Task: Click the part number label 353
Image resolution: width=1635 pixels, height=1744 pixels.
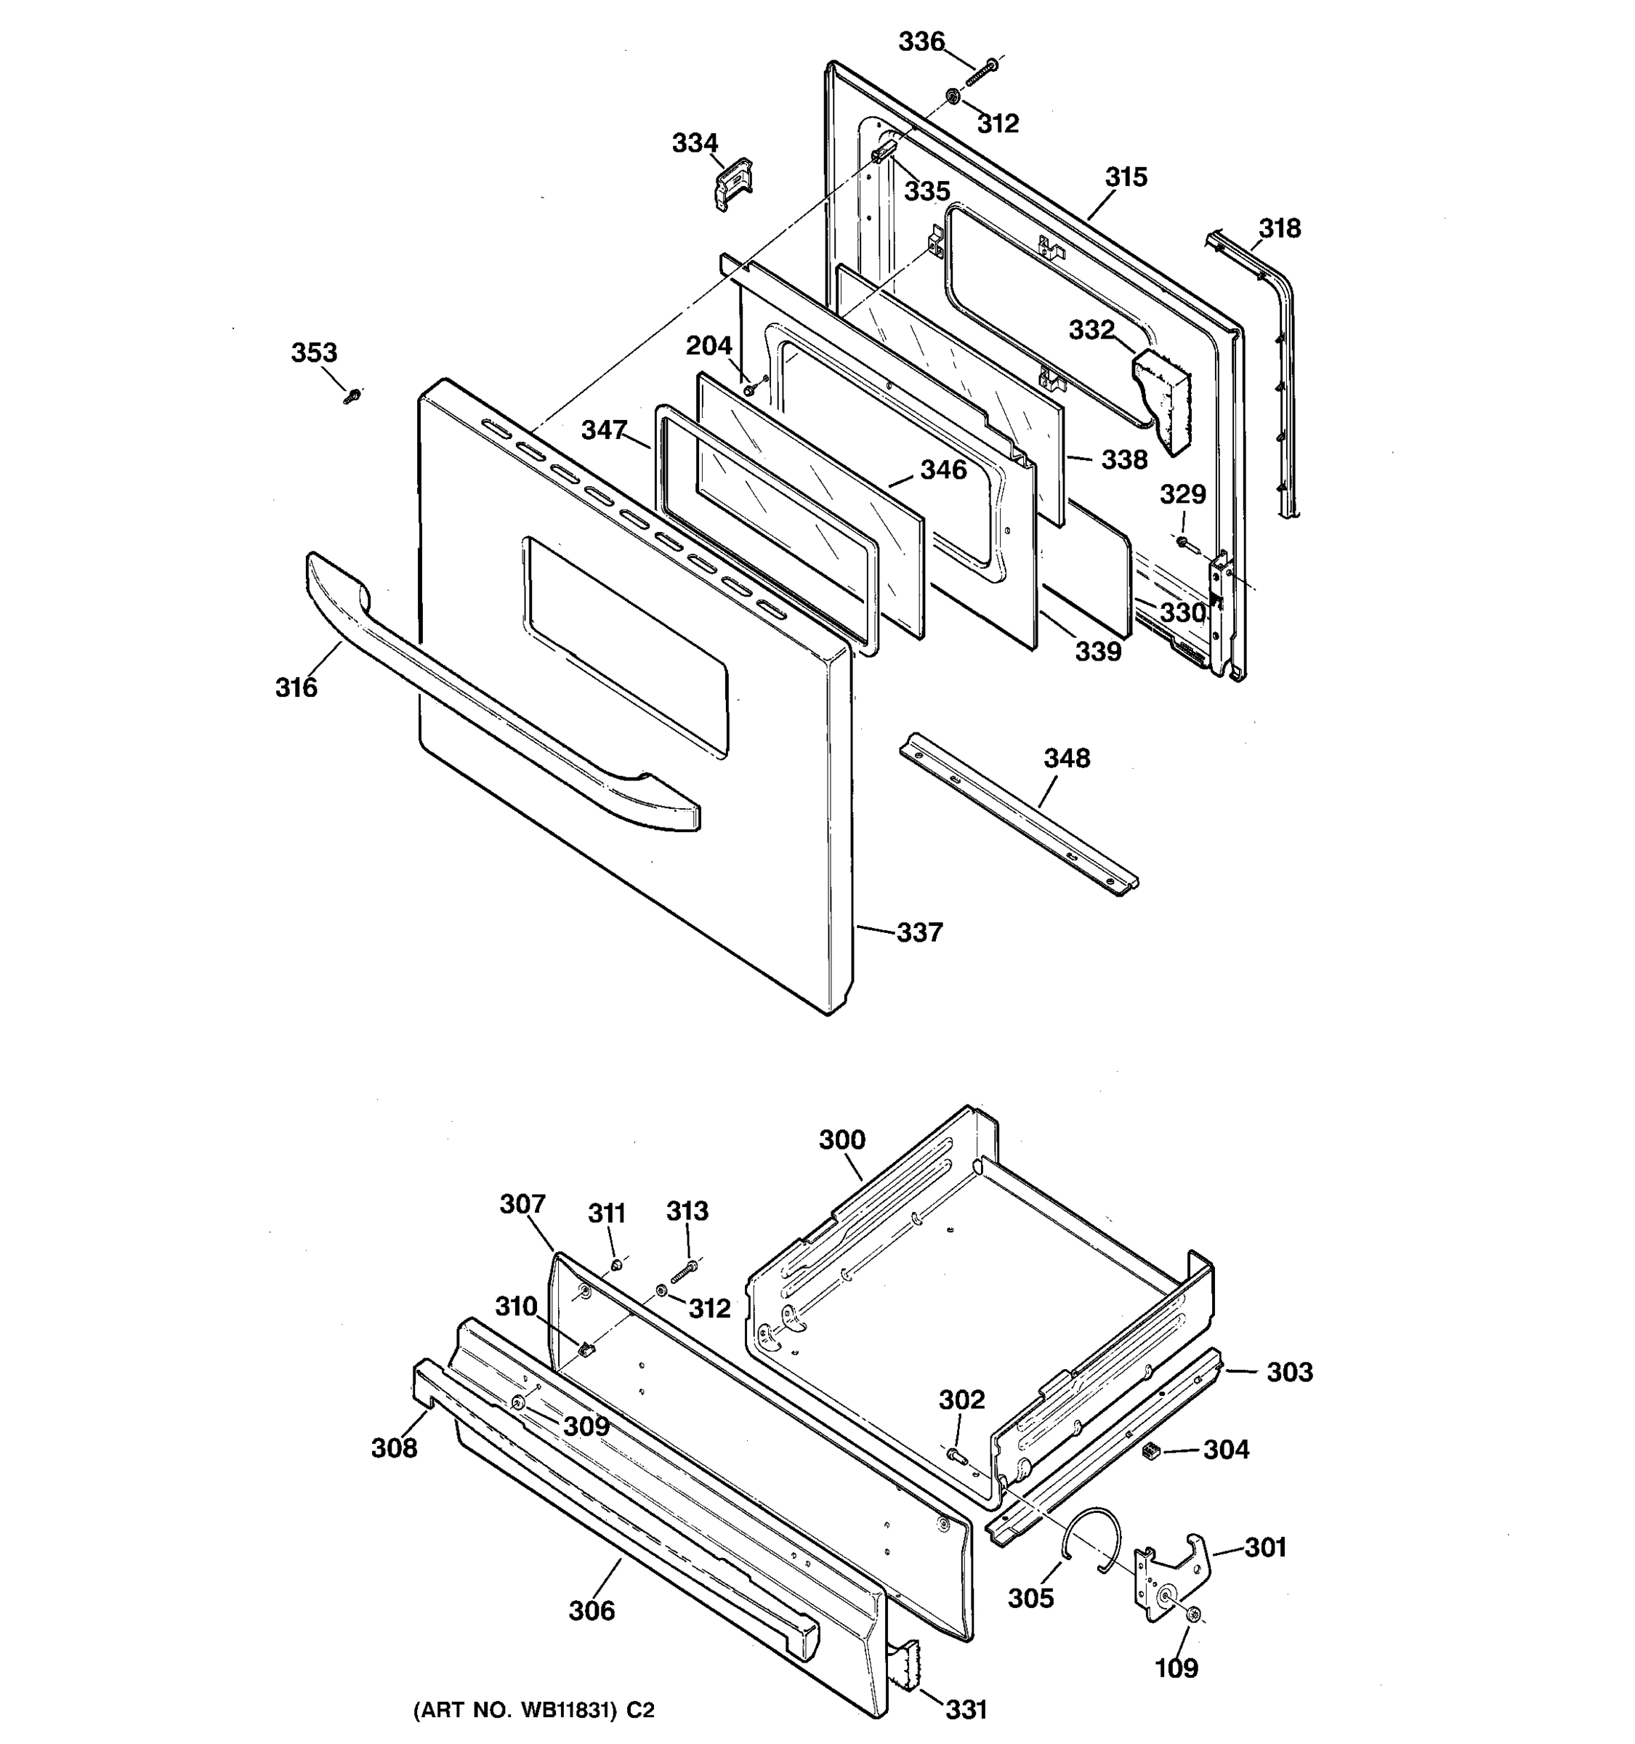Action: click(314, 352)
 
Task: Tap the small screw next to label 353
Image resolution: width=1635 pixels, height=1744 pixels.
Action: click(352, 395)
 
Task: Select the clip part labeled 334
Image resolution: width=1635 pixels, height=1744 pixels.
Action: click(732, 183)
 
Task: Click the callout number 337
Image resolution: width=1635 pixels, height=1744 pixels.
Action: click(919, 932)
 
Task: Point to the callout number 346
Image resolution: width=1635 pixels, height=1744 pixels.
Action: click(943, 470)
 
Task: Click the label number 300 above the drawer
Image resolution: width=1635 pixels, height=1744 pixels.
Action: click(842, 1139)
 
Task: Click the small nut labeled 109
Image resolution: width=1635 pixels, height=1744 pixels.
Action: click(1193, 1615)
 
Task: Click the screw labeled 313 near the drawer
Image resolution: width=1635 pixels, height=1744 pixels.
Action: click(685, 1269)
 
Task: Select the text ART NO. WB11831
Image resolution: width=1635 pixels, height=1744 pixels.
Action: click(533, 1710)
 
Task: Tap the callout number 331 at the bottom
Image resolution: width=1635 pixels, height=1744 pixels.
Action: click(966, 1709)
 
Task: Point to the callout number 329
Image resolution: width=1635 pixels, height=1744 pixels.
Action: click(1182, 495)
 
